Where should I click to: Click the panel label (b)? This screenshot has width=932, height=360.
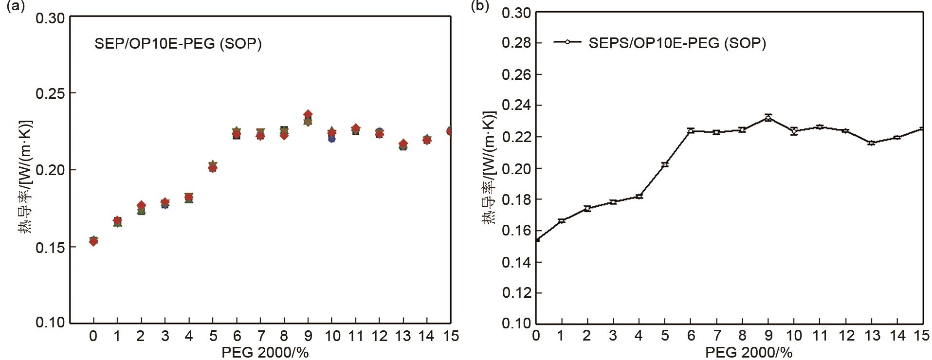pyautogui.click(x=479, y=7)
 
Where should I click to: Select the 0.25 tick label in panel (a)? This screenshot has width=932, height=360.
pyautogui.click(x=50, y=93)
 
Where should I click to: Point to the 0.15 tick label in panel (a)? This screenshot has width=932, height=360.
pyautogui.click(x=50, y=247)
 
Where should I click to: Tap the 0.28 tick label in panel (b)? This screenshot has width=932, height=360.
pyautogui.click(x=515, y=43)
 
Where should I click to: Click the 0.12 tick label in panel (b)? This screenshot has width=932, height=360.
pyautogui.click(x=515, y=293)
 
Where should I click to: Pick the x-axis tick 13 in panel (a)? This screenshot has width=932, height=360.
pyautogui.click(x=403, y=336)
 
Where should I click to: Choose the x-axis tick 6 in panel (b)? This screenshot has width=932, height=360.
pyautogui.click(x=691, y=335)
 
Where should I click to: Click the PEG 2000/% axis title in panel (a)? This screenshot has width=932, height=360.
pyautogui.click(x=265, y=352)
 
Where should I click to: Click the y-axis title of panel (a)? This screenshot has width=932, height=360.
pyautogui.click(x=25, y=176)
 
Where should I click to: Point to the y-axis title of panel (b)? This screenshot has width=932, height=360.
pyautogui.click(x=490, y=168)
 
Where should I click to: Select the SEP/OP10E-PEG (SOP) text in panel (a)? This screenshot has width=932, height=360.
pyautogui.click(x=178, y=44)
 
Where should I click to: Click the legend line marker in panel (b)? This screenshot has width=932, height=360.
pyautogui.click(x=567, y=42)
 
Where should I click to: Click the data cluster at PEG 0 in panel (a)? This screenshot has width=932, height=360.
pyautogui.click(x=93, y=241)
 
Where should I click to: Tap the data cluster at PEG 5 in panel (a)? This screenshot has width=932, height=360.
pyautogui.click(x=213, y=167)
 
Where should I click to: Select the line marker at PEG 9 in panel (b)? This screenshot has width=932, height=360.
pyautogui.click(x=768, y=118)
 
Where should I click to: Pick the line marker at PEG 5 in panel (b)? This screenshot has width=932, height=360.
pyautogui.click(x=665, y=164)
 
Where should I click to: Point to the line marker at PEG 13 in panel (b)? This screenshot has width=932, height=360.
pyautogui.click(x=871, y=143)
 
